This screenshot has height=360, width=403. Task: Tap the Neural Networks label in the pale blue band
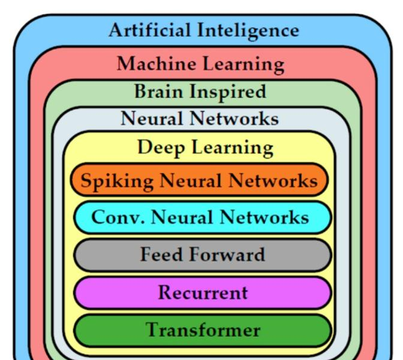coord(200,119)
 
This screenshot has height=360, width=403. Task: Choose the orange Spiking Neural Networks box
coord(200,180)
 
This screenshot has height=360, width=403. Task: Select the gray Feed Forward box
coord(200,255)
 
